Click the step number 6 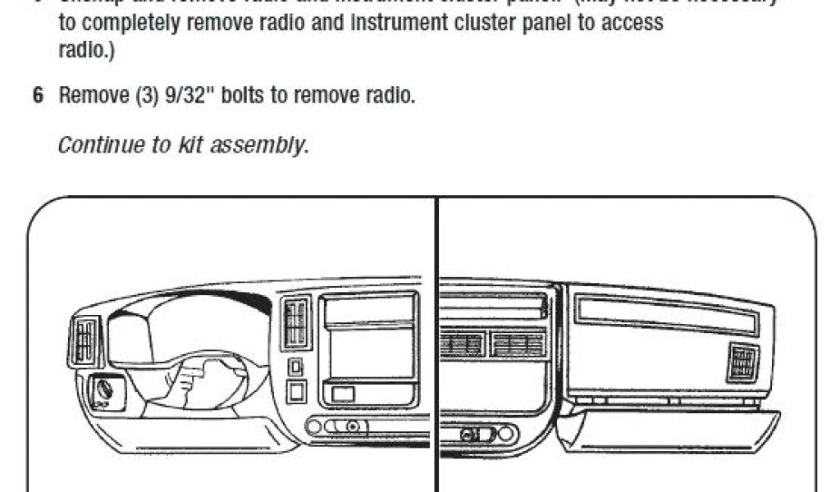tap(37, 96)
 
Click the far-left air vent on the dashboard tap(84, 339)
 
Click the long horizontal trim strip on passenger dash tap(665, 312)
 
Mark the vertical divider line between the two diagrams tap(436, 344)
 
